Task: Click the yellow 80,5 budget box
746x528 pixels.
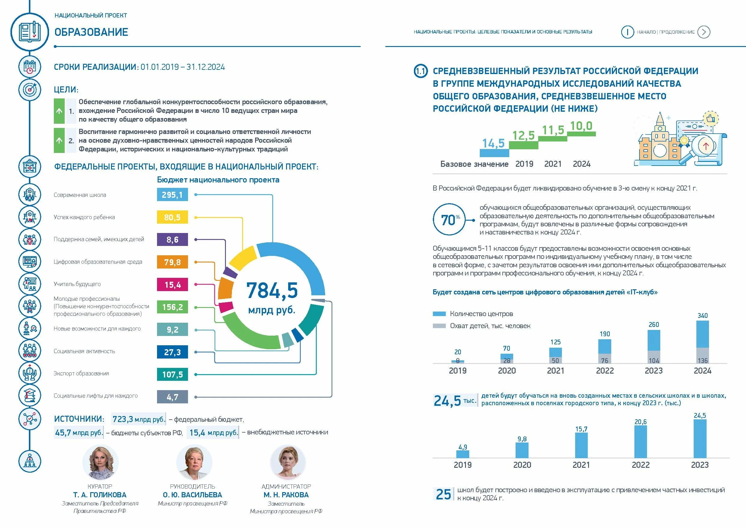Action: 172,217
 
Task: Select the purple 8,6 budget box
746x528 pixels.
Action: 172,240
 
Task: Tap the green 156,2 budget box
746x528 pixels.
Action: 172,307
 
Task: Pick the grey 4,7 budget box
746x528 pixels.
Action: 172,397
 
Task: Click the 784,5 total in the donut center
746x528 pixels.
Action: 272,290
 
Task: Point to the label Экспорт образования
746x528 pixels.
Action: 81,374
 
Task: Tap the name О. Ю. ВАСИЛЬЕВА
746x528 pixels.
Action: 192,495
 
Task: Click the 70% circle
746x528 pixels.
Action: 449,219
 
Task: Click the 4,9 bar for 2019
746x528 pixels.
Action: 463,454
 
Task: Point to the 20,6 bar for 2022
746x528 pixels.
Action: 640,442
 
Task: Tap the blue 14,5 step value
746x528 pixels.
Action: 493,143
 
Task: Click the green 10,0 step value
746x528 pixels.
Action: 581,126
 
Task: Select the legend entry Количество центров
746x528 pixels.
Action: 481,314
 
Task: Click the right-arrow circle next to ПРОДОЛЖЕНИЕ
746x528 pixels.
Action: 704,32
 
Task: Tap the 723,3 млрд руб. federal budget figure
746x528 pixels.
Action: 139,419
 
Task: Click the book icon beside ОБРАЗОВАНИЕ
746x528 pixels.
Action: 29,32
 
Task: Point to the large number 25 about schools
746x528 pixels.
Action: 443,494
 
